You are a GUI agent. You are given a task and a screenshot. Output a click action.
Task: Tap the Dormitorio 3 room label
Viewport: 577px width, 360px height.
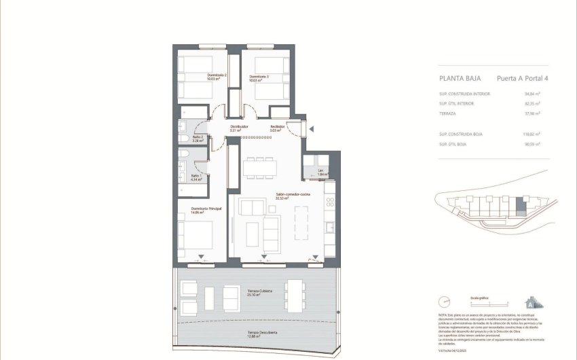(x=259, y=77)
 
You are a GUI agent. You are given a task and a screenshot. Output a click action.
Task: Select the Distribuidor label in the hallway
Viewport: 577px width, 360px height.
(x=238, y=126)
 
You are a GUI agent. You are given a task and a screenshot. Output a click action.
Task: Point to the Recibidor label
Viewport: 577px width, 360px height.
(x=277, y=126)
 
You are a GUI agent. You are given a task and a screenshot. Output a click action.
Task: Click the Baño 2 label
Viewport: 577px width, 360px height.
(x=198, y=138)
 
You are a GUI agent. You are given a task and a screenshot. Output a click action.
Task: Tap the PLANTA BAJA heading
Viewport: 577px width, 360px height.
(x=460, y=79)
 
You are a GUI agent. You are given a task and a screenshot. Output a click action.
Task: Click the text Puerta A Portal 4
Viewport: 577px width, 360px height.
(x=522, y=79)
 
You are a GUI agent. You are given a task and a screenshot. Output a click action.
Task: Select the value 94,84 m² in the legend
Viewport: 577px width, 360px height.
(x=532, y=94)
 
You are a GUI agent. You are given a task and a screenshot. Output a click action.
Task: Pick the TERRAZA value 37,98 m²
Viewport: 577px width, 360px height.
(x=532, y=113)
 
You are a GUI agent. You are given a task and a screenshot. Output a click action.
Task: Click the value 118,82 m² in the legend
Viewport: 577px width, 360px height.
(x=532, y=134)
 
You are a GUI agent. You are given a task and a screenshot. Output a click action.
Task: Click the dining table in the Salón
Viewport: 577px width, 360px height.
(x=260, y=166)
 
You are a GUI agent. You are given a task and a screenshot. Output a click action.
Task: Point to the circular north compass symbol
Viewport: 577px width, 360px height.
(x=445, y=301)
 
